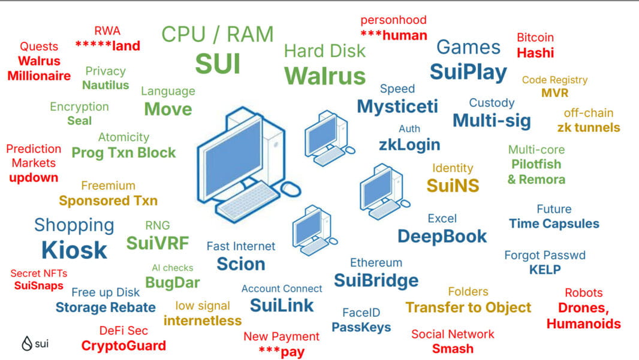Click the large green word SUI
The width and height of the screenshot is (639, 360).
[x=218, y=63]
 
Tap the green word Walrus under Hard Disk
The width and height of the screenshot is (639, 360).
[x=324, y=76]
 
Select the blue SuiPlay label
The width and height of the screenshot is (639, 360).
[x=468, y=72]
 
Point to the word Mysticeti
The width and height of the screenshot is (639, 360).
[x=397, y=107]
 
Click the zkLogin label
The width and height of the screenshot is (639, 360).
[x=409, y=144]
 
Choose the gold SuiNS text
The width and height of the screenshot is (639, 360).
[x=453, y=186]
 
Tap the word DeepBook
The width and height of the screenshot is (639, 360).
[x=442, y=236]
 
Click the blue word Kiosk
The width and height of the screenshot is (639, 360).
[x=74, y=250]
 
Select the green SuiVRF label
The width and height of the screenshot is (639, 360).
[x=158, y=243]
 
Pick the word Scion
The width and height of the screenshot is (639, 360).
[x=241, y=264]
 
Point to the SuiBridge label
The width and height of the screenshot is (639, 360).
[x=376, y=280]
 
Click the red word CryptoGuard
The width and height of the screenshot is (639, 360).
[x=123, y=346]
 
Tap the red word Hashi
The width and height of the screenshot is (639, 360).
[x=535, y=53]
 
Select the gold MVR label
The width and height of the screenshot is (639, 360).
[x=554, y=93]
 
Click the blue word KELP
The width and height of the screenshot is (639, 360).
[x=544, y=270]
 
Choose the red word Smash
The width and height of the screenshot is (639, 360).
[x=453, y=349]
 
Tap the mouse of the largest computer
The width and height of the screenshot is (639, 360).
[x=291, y=188]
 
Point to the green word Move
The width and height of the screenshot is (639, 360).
[x=168, y=109]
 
